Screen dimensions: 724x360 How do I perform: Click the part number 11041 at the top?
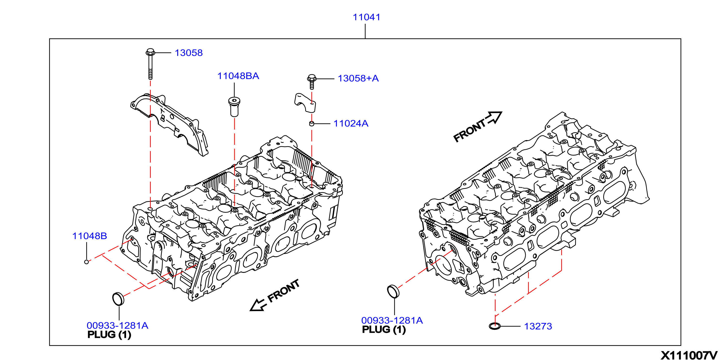click(367, 17)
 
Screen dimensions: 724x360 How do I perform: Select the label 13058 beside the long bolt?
click(189, 53)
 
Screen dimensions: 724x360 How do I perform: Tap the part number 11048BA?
click(238, 76)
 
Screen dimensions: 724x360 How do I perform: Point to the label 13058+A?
click(358, 78)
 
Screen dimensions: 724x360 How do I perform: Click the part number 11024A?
click(351, 123)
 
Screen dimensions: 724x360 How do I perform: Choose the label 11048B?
click(90, 236)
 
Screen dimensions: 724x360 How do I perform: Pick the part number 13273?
click(538, 326)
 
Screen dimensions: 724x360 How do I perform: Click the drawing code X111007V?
click(689, 355)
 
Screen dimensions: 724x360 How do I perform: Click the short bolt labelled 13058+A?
click(312, 82)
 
